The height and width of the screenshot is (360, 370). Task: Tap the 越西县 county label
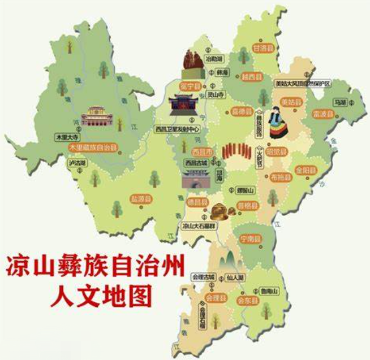(x=252, y=76)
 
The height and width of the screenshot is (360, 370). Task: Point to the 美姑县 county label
(x=292, y=102)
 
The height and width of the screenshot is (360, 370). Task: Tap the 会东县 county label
(x=248, y=301)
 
